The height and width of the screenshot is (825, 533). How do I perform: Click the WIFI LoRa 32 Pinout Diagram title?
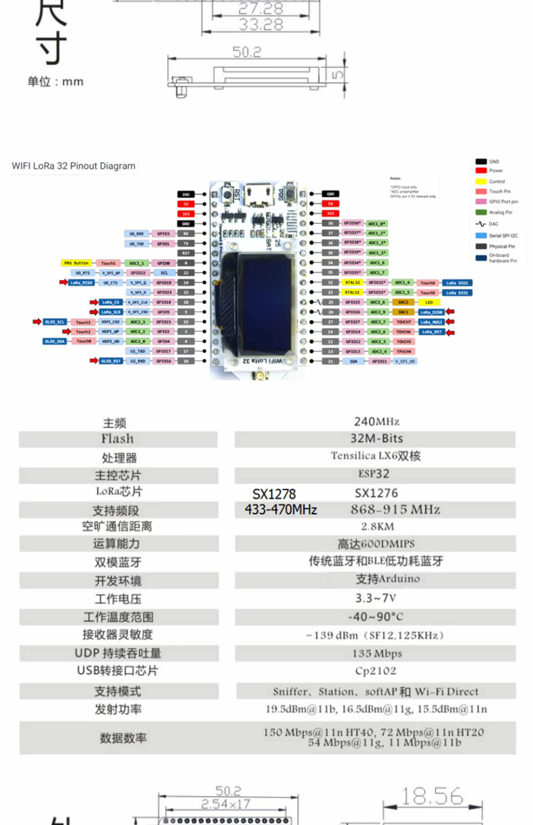(74, 166)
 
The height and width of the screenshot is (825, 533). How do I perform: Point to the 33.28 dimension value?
(261, 25)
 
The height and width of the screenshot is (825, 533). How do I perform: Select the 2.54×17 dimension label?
(225, 804)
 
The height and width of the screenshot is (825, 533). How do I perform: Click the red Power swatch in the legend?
(481, 171)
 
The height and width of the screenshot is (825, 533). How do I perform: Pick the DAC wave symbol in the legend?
(480, 224)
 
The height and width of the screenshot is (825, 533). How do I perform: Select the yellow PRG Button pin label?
(76, 263)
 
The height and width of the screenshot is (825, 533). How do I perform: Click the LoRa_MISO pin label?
(81, 283)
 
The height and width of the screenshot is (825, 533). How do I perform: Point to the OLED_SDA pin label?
(54, 341)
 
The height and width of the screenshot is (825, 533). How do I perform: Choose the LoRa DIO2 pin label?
(457, 283)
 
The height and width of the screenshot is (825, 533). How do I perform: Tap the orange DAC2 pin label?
(403, 302)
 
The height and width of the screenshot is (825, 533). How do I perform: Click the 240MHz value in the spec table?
(377, 421)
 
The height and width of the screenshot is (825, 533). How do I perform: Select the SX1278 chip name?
(274, 494)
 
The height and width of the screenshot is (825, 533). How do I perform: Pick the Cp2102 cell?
(376, 671)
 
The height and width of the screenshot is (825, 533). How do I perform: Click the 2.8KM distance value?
(377, 526)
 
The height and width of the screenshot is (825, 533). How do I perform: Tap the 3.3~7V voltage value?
(376, 598)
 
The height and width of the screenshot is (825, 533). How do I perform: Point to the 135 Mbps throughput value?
(377, 653)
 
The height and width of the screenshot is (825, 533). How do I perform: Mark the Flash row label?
(118, 439)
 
